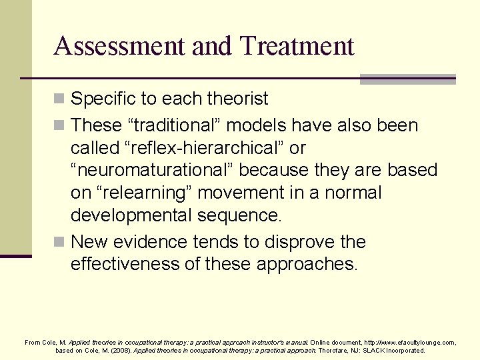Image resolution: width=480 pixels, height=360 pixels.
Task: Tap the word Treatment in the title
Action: click(x=297, y=46)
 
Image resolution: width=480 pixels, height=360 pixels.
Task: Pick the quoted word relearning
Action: click(x=153, y=193)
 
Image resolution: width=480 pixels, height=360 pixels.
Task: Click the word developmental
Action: click(x=131, y=215)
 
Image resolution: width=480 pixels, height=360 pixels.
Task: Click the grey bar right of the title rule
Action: click(x=407, y=79)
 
